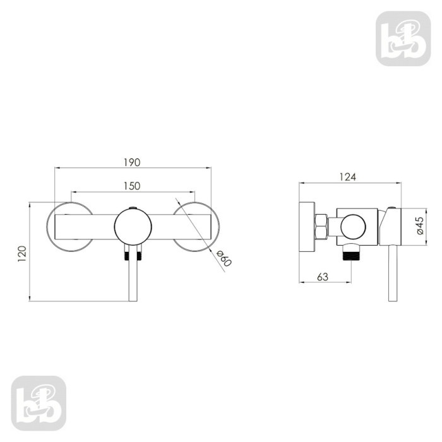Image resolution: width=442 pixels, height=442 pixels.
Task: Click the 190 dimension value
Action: coord(132,163)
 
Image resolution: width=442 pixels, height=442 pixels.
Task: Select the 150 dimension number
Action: coord(132,186)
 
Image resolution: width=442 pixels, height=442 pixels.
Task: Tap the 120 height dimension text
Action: coord(22,254)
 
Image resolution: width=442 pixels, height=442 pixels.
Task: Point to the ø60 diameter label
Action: coord(224,258)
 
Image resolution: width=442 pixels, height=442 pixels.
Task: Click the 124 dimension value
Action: coord(347,177)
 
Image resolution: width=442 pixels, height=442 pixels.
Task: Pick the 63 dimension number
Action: coord(323,277)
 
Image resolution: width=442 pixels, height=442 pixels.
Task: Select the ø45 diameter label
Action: coord(420,225)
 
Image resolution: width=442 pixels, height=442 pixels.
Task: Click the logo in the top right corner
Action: coord(403,39)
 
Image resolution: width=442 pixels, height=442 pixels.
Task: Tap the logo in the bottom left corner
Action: coord(39,403)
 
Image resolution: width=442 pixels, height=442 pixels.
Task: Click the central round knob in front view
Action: coord(133,226)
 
